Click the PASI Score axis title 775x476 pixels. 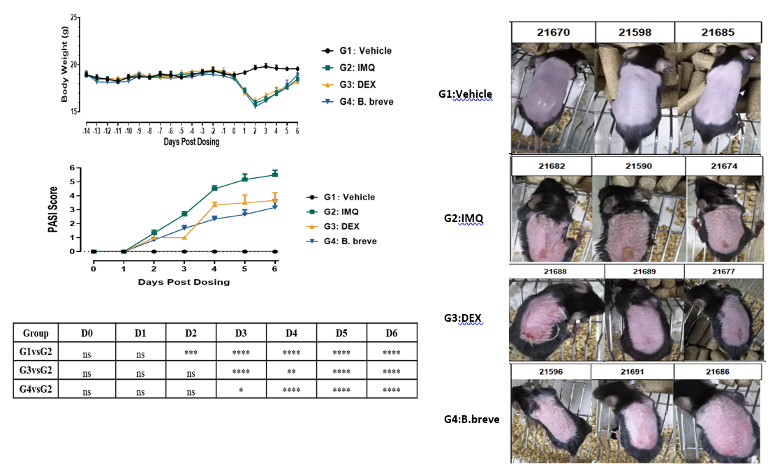pyautogui.click(x=53, y=210)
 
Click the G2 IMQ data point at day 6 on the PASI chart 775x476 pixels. pyautogui.click(x=275, y=174)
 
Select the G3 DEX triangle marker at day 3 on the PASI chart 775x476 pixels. pyautogui.click(x=184, y=237)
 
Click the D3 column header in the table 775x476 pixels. pyautogui.click(x=240, y=332)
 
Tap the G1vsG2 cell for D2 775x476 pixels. pyautogui.click(x=190, y=352)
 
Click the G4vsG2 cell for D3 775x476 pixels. pyautogui.click(x=240, y=389)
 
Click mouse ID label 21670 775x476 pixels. pyautogui.click(x=552, y=31)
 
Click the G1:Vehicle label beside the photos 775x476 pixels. pyautogui.click(x=468, y=94)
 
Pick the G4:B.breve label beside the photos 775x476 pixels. pyautogui.click(x=471, y=419)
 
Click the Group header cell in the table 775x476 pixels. pyautogui.click(x=36, y=332)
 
